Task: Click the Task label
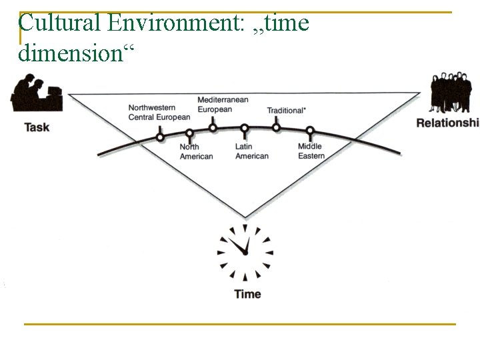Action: coord(37,127)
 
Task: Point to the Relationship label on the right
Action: coord(447,122)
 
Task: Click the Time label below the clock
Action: coord(247,294)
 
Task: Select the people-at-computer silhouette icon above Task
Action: coord(37,95)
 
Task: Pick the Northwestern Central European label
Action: coord(159,113)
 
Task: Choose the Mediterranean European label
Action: coord(223,105)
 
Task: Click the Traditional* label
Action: coord(287,110)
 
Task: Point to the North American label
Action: coord(196,151)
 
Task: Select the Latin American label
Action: coord(251,151)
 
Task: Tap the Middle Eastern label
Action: coord(311,151)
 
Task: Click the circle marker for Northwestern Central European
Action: coord(160,137)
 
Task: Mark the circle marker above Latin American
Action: coord(245,128)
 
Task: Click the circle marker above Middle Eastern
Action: coord(310,131)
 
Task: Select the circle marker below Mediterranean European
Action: coord(213,128)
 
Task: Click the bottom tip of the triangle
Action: coord(245,217)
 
